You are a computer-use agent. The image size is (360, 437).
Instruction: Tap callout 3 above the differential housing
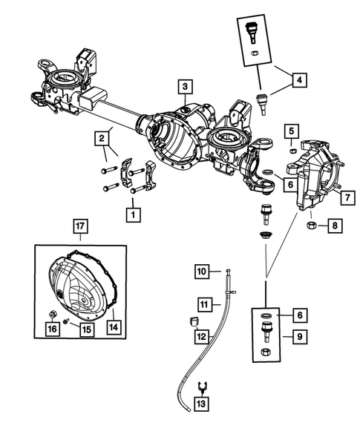pyautogui.click(x=184, y=88)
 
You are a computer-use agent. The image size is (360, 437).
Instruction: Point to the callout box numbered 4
pyautogui.click(x=300, y=79)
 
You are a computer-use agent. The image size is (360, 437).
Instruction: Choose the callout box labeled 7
pyautogui.click(x=344, y=198)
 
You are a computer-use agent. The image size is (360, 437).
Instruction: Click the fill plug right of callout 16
pyautogui.click(x=54, y=312)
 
